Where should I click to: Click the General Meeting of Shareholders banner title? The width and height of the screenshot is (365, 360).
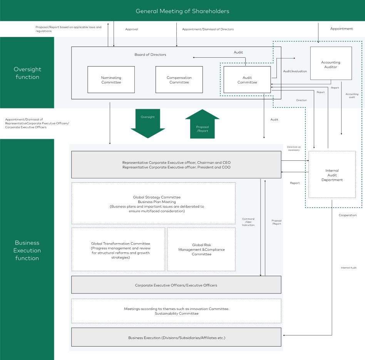pyautogui.click(x=182, y=11)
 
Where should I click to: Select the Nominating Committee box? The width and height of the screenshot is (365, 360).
pyautogui.click(x=111, y=80)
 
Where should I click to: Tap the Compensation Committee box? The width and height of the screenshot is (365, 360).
pyautogui.click(x=179, y=80)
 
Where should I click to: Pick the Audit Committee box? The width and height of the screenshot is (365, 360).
pyautogui.click(x=247, y=80)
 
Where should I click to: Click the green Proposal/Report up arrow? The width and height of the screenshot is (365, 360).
pyautogui.click(x=202, y=124)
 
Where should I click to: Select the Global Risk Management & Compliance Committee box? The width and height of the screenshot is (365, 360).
pyautogui.click(x=201, y=249)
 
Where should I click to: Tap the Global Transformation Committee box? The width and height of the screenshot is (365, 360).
pyautogui.click(x=118, y=249)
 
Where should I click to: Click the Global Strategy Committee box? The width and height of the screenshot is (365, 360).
pyautogui.click(x=153, y=203)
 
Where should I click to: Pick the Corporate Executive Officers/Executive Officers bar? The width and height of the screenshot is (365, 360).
pyautogui.click(x=176, y=285)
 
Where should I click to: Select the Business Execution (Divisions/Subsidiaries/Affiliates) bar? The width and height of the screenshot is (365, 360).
pyautogui.click(x=176, y=337)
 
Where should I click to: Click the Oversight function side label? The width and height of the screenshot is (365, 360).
pyautogui.click(x=27, y=73)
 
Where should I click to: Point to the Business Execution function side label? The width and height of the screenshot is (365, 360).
pyautogui.click(x=27, y=250)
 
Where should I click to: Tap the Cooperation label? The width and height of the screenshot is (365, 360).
pyautogui.click(x=348, y=215)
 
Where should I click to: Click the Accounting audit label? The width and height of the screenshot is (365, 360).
pyautogui.click(x=352, y=95)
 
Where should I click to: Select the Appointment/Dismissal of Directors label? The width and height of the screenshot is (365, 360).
pyautogui.click(x=208, y=29)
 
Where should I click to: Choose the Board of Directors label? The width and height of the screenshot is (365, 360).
pyautogui.click(x=150, y=55)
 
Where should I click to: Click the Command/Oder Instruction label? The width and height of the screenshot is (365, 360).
pyautogui.click(x=248, y=222)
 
